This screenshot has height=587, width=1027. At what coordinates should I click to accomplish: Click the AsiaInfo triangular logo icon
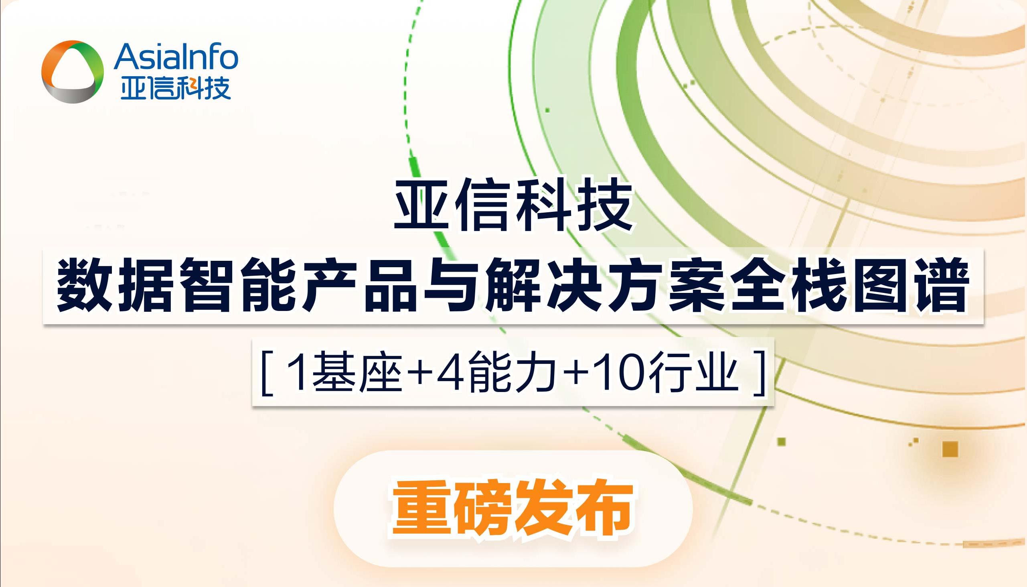(x=73, y=72)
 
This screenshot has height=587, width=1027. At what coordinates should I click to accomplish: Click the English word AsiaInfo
(x=176, y=57)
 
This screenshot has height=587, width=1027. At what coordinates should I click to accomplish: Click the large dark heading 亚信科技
(x=513, y=205)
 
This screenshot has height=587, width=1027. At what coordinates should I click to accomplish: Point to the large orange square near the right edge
(x=950, y=449)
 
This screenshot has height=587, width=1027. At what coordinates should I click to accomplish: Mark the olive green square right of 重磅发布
(x=782, y=441)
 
